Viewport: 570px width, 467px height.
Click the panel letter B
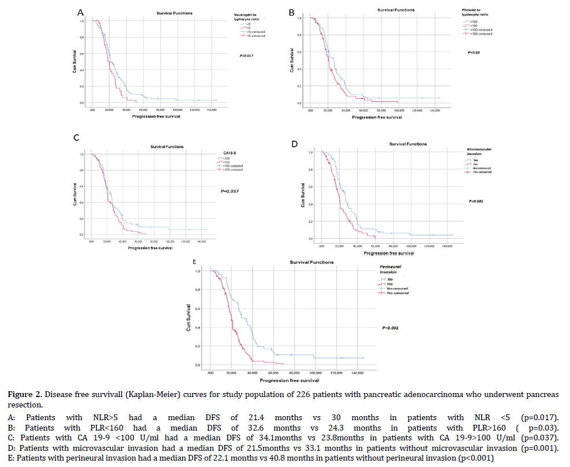point(292,12)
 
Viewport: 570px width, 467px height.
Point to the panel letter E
point(195,262)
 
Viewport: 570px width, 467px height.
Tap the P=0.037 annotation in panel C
point(230,191)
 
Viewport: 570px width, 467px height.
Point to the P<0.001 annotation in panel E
point(391,328)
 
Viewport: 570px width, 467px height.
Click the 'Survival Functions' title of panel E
point(312,262)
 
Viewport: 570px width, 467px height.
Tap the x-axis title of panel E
point(289,381)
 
